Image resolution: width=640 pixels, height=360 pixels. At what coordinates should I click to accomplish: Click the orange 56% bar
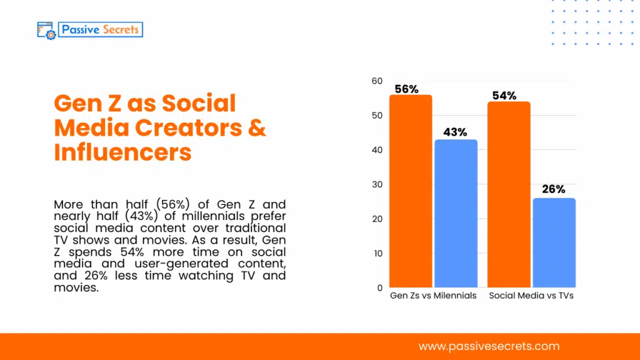coord(411,191)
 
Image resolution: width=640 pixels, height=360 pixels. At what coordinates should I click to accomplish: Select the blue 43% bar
coord(456,213)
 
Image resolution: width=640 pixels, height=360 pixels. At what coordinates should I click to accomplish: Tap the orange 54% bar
coord(509,194)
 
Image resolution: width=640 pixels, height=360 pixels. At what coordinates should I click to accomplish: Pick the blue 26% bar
coord(554,242)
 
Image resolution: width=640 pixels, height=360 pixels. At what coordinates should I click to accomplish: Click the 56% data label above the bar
coord(406,89)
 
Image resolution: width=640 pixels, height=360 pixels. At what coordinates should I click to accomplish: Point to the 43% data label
coord(455,132)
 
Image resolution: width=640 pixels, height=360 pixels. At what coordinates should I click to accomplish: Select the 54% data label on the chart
coord(504,96)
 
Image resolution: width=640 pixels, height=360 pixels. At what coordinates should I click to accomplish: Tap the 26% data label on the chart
coord(553,189)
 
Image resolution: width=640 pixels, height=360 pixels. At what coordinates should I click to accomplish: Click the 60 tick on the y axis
coord(376,81)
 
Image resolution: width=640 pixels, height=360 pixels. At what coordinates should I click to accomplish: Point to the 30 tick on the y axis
coord(376,185)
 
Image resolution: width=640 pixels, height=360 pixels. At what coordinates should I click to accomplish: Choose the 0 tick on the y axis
coord(379,288)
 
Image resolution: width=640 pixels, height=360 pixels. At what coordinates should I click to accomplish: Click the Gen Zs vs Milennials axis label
coord(433,295)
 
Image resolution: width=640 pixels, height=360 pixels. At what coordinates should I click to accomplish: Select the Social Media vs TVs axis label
coord(531,295)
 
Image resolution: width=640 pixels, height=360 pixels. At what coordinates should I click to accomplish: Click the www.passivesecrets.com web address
coord(489,346)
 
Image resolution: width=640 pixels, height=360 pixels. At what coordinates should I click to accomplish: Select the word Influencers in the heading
coord(122,152)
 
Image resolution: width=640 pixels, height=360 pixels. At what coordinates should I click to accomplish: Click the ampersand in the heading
coord(257,127)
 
